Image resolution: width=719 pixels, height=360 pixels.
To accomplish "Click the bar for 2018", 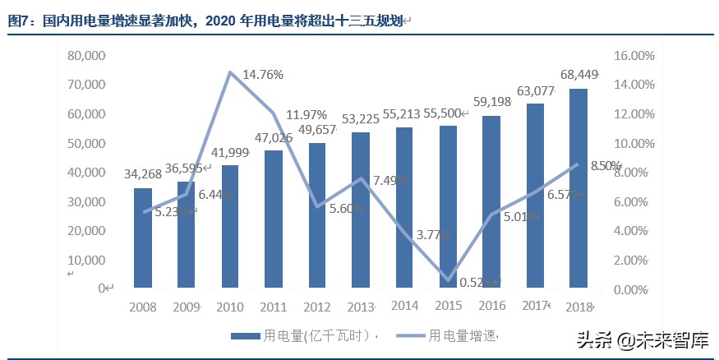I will coord(578,188).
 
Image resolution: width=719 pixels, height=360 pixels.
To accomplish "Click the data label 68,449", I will coord(578,76).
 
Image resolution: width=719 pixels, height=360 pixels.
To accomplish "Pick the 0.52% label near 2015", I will coord(477,282).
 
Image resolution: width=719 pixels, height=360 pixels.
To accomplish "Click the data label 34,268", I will coord(143,174).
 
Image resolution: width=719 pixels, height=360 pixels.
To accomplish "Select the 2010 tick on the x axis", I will coord(230,307).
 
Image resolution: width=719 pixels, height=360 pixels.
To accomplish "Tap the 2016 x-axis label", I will coord(491,307).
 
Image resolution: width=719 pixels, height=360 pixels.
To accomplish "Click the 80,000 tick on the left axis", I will coord(88,56).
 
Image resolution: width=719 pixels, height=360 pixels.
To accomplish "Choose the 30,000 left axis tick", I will coord(88,201).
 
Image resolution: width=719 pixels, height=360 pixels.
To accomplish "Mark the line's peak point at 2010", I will coord(230,72).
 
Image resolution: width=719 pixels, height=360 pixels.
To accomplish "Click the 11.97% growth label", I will coord(306,114).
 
